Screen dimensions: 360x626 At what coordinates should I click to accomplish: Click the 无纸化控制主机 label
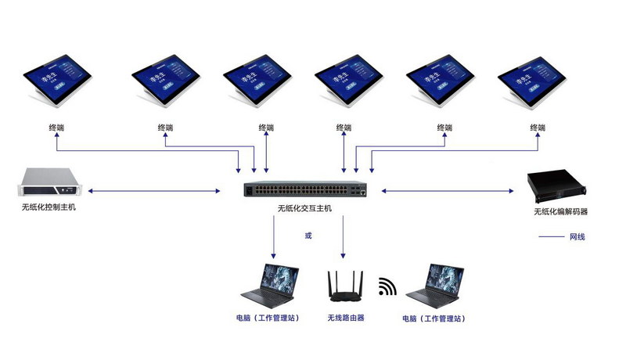[49, 208]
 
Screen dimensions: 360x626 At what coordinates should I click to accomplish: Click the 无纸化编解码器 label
[561, 211]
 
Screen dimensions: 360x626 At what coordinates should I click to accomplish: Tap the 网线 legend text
[577, 236]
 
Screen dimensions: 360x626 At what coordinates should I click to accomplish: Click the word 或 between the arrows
[308, 235]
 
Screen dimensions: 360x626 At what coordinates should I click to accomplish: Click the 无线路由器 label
[346, 319]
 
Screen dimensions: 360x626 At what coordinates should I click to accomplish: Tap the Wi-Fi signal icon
[387, 287]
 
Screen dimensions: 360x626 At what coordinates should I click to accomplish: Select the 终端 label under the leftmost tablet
[56, 127]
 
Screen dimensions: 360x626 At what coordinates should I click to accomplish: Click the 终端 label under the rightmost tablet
[537, 127]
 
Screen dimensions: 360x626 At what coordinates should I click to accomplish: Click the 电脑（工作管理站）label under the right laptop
[434, 319]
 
